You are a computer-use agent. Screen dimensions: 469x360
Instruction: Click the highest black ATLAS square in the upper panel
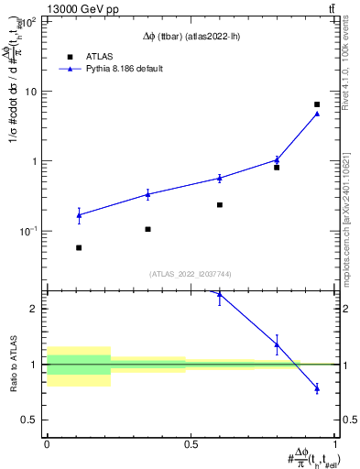(317, 104)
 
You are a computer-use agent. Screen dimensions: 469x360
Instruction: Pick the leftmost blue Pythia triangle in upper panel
(79, 215)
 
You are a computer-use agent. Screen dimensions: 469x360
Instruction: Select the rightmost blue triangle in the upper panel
(317, 114)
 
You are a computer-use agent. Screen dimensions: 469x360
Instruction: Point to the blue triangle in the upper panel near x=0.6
(220, 178)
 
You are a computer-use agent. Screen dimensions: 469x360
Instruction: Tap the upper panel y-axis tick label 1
(38, 161)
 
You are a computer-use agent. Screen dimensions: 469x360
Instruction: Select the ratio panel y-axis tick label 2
(38, 309)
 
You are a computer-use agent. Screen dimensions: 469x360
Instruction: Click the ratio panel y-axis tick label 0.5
(33, 420)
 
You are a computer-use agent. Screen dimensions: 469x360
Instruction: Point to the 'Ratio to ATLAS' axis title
(13, 365)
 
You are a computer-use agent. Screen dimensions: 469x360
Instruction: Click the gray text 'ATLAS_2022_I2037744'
(191, 274)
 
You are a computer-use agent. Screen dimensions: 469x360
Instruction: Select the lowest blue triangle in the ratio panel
(317, 388)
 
